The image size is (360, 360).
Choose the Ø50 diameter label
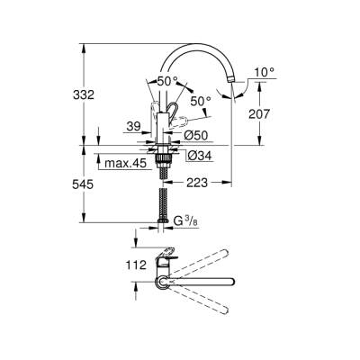coord(197,135)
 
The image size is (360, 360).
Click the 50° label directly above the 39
coord(166,81)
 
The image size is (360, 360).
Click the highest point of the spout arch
coord(198,43)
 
